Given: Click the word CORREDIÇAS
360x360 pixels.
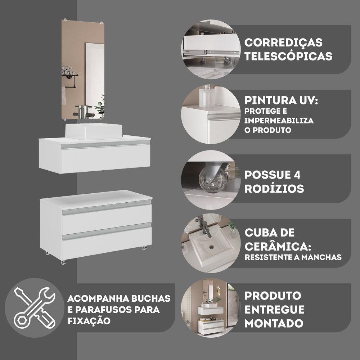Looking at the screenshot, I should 283,42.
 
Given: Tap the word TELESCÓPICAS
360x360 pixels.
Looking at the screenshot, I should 288,57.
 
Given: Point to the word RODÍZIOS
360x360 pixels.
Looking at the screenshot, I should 274,189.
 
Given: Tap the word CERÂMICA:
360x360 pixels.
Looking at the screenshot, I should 278,247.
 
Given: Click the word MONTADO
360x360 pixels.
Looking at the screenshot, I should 274,323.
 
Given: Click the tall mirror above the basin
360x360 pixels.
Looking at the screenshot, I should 83,70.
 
